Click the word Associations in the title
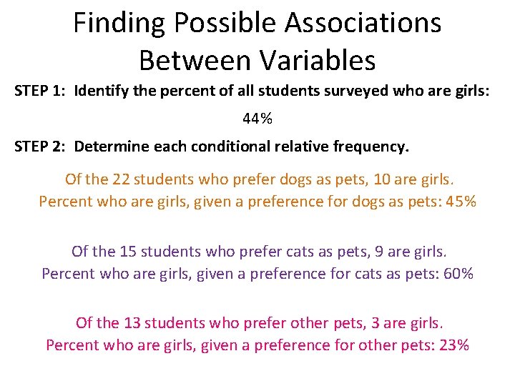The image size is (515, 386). click(x=363, y=24)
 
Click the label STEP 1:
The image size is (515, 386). click(x=41, y=91)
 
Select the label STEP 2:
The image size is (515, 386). click(x=41, y=147)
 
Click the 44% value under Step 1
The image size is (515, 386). click(x=257, y=119)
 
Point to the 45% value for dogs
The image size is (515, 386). click(x=461, y=202)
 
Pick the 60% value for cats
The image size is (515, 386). click(x=458, y=274)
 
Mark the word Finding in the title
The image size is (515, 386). click(x=118, y=24)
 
